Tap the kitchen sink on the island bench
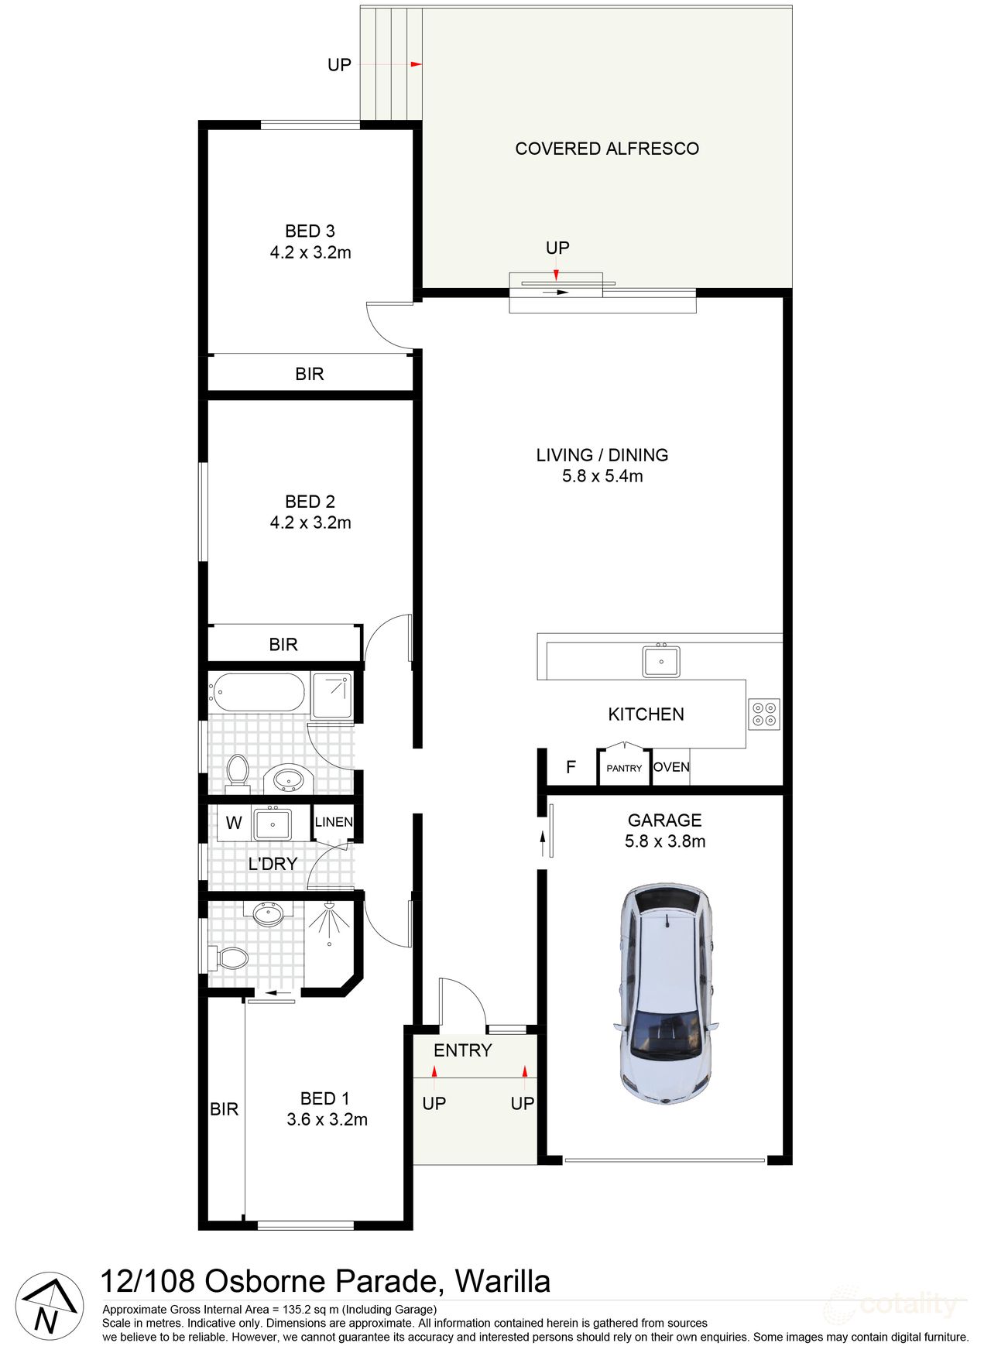(661, 662)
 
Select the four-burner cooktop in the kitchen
(764, 714)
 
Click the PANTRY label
(624, 769)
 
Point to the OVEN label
(671, 767)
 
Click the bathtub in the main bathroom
(259, 692)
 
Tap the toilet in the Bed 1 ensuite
(231, 959)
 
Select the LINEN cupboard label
(334, 822)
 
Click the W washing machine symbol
(234, 823)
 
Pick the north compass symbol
(50, 1307)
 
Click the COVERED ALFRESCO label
(607, 149)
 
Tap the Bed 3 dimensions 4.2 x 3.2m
(310, 252)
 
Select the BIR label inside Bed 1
(225, 1109)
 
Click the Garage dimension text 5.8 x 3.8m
(665, 841)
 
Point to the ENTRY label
(463, 1050)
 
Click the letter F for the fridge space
(571, 767)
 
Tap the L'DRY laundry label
(273, 864)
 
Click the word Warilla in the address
(502, 1282)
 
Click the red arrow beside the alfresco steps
(416, 64)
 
